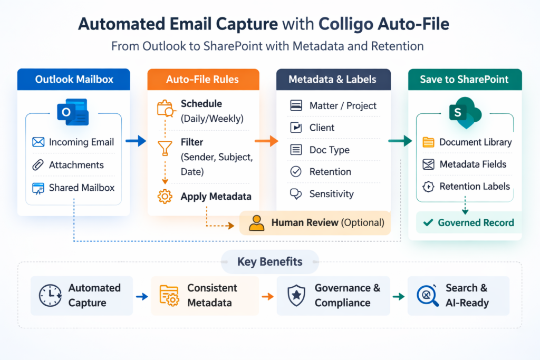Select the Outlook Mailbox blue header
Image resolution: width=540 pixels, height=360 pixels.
[x=73, y=80]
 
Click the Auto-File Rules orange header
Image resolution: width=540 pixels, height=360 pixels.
[x=202, y=80]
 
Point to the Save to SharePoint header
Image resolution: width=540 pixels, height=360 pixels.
[x=464, y=80]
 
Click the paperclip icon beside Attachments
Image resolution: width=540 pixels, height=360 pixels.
[x=38, y=165]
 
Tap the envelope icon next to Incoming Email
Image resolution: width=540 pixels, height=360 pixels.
[x=38, y=142]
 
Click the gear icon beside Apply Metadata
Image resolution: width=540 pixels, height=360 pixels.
[x=165, y=197]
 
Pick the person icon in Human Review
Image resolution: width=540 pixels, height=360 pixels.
[x=256, y=222]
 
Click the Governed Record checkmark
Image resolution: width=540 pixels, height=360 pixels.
[x=428, y=223]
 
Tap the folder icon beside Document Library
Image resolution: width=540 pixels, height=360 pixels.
[x=429, y=142]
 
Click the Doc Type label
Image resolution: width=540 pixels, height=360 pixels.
[x=329, y=150]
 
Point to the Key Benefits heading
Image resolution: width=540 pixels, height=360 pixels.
[x=269, y=262]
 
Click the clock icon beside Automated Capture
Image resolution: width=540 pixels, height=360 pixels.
[x=50, y=296]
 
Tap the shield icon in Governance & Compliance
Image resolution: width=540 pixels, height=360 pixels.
[x=296, y=296]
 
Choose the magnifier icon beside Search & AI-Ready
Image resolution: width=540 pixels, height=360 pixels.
[x=428, y=296]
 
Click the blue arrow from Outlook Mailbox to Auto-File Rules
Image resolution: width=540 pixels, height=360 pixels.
[x=136, y=141]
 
